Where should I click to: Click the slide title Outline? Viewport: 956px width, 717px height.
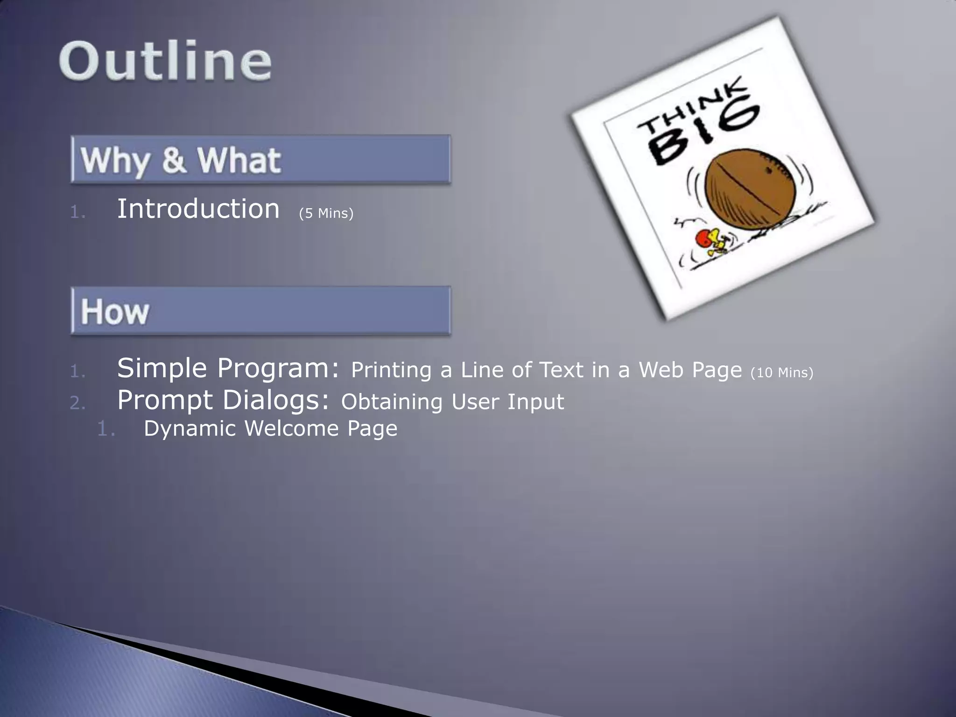[x=165, y=61]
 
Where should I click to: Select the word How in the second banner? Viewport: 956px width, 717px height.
[x=115, y=312]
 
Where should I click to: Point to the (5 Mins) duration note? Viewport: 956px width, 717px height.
[x=326, y=213]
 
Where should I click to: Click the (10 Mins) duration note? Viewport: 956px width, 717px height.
[x=781, y=373]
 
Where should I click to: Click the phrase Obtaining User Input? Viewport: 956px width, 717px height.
[x=452, y=402]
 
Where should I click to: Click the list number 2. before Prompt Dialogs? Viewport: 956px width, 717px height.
[x=77, y=403]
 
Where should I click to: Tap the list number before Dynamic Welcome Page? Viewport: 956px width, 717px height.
[x=105, y=429]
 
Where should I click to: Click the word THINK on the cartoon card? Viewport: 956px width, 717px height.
[x=693, y=107]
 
